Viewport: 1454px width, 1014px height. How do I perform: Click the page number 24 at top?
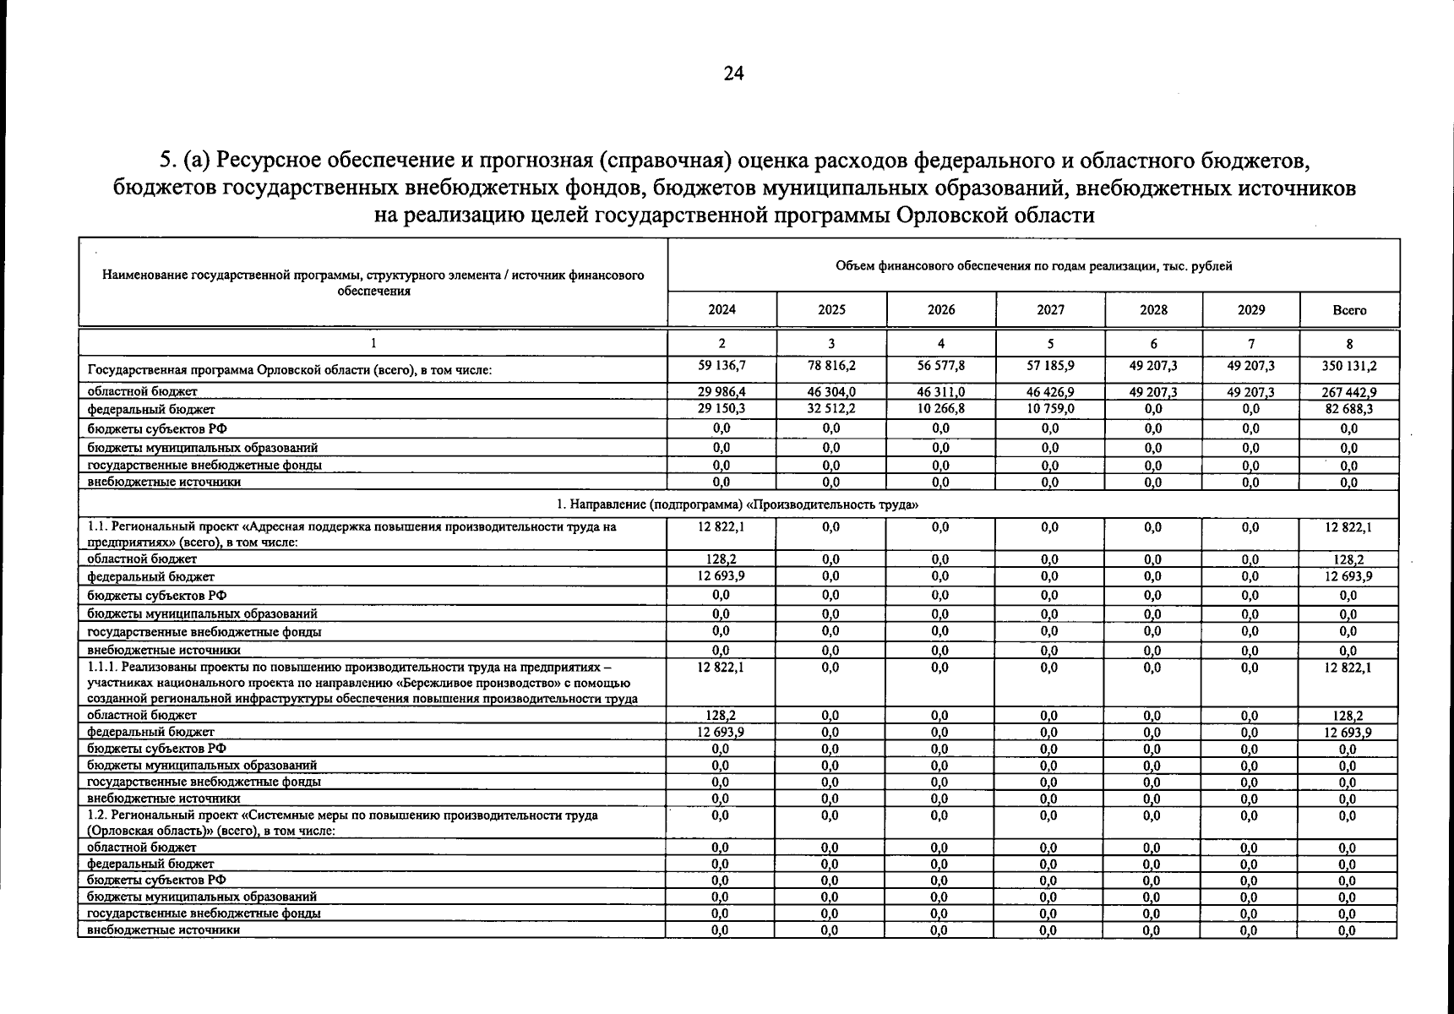point(733,74)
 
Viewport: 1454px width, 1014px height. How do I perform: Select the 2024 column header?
point(722,310)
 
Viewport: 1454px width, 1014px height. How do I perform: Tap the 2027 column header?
point(1050,310)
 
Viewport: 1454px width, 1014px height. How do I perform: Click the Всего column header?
point(1349,310)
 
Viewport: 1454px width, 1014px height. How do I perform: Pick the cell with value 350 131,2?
point(1349,367)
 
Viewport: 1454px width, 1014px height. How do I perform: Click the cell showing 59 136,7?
point(722,367)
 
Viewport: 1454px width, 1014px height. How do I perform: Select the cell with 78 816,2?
point(831,367)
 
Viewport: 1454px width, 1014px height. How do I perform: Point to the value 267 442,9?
point(1349,392)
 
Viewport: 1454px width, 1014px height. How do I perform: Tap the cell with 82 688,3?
point(1349,409)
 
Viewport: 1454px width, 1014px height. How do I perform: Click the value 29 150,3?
point(722,409)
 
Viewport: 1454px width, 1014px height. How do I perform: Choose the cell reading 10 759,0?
point(1050,409)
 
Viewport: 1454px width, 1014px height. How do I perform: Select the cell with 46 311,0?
point(940,392)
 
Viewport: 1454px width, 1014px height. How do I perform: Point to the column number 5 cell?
point(1050,344)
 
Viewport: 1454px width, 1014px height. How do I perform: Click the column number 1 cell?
point(373,344)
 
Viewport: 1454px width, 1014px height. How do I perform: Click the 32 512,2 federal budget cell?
point(831,409)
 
